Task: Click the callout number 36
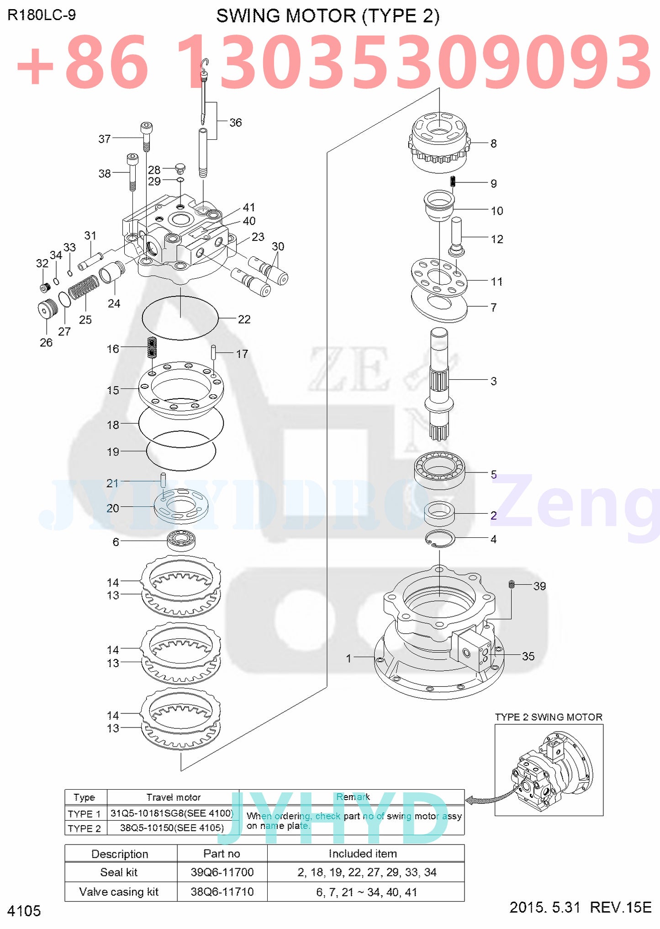coord(235,122)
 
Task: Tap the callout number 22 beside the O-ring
coord(244,319)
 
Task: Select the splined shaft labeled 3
coord(439,384)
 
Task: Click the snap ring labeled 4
coord(440,539)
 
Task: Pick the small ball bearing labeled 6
coord(181,541)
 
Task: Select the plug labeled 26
coord(47,309)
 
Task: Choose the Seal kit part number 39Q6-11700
coord(222,872)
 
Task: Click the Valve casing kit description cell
coord(119,892)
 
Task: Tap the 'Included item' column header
coord(363,854)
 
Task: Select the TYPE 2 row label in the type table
coord(84,828)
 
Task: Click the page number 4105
coord(24,911)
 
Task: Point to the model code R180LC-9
coord(42,15)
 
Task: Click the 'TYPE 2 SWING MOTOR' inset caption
coord(549,717)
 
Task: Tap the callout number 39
coord(539,586)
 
